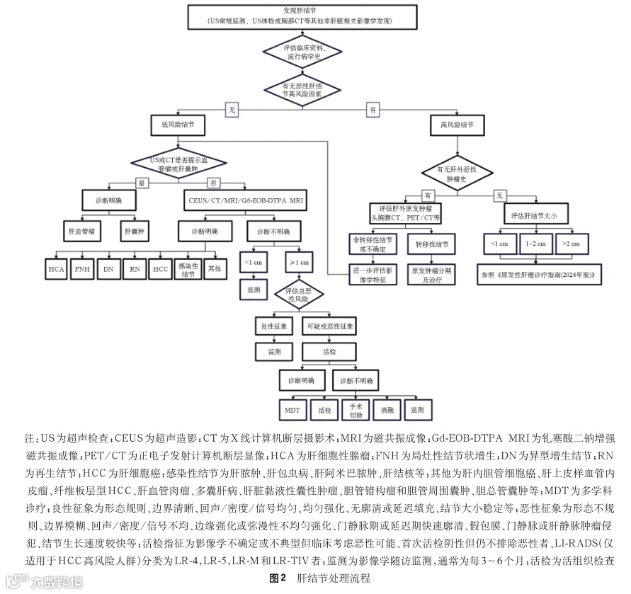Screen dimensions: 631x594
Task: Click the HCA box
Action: point(55,270)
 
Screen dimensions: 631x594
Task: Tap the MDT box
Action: point(292,410)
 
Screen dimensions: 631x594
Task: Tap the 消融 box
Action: point(387,410)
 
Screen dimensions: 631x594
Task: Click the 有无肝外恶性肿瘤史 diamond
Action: point(457,171)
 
